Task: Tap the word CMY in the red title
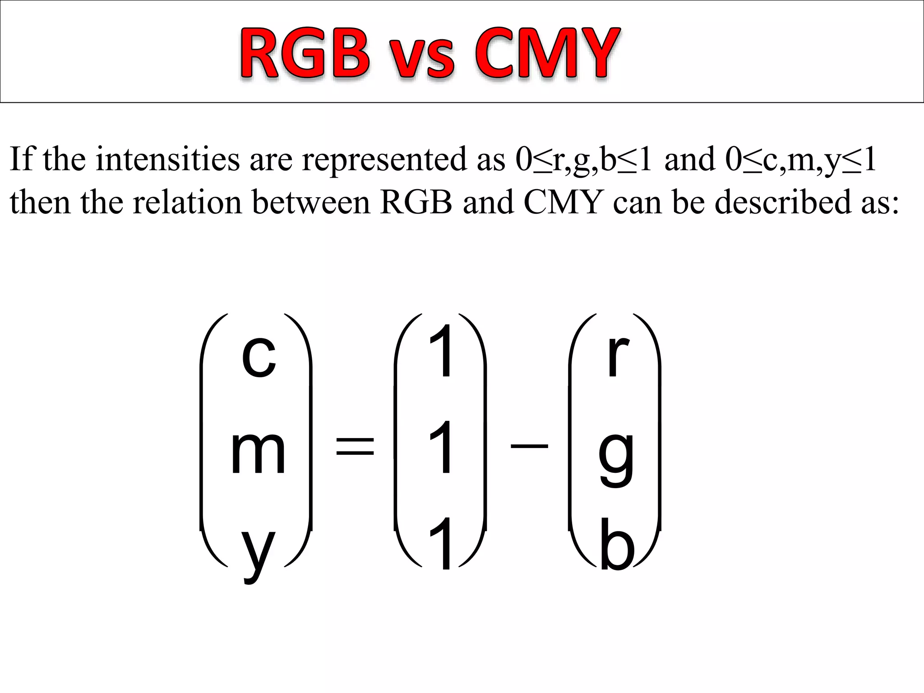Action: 546,53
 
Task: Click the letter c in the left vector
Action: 258,356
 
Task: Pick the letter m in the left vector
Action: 258,453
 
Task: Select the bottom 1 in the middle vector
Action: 441,544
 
